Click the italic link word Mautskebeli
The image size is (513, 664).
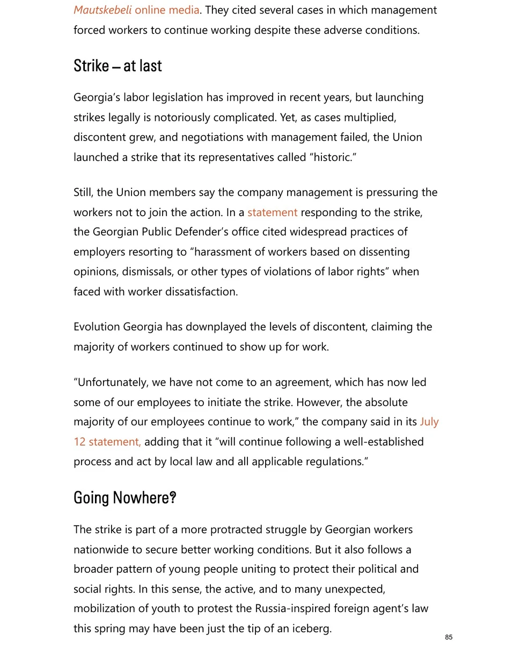point(102,10)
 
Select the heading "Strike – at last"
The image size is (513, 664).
point(118,66)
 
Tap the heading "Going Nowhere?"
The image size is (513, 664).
point(124,498)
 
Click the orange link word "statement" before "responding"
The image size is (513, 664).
point(272,212)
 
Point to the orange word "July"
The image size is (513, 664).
point(429,422)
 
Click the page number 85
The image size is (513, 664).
point(449,637)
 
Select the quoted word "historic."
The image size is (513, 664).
point(333,158)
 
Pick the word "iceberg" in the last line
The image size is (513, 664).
point(311,629)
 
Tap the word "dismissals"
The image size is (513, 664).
point(146,272)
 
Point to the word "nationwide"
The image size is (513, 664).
point(102,550)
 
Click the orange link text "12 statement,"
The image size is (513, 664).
point(107,442)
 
